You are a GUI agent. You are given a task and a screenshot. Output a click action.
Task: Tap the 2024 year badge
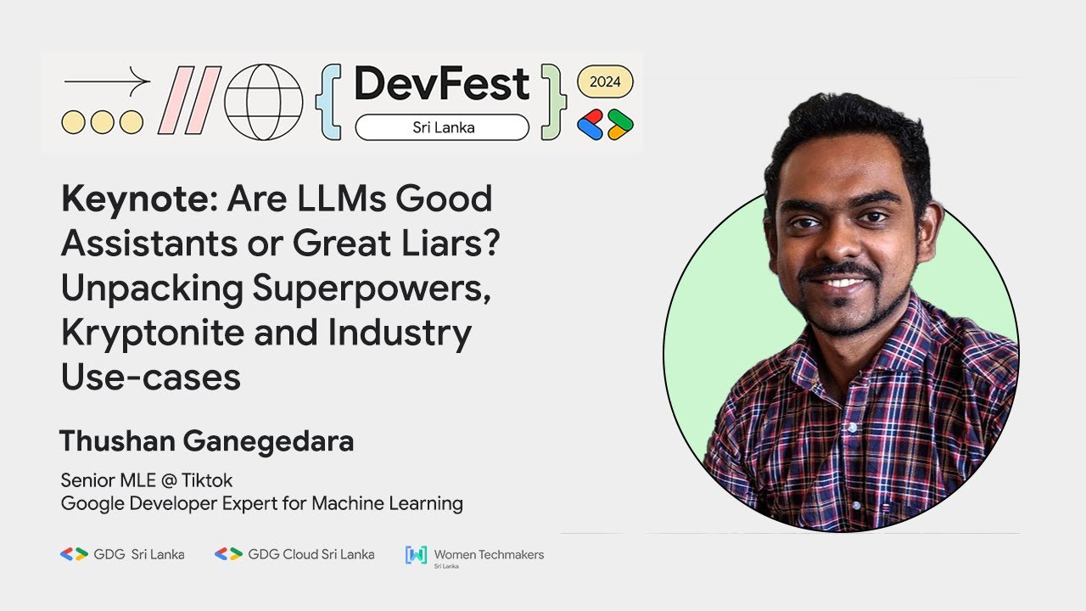[x=605, y=82]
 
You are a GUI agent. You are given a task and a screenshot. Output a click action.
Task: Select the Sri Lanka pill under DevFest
[x=442, y=128]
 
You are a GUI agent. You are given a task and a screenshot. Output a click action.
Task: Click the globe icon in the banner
[x=263, y=102]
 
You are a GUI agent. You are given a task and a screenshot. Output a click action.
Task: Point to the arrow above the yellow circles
[x=106, y=82]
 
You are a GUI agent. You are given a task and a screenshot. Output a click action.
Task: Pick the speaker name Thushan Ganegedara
[x=206, y=441]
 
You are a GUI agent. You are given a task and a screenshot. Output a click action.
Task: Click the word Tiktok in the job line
[x=207, y=481]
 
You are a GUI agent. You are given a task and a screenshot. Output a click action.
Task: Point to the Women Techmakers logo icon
[x=416, y=555]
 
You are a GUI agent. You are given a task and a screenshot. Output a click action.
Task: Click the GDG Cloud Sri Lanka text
[x=311, y=554]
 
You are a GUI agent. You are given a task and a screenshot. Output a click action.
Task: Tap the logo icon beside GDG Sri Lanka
[x=74, y=554]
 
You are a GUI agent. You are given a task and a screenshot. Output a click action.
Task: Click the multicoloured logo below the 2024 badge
[x=605, y=125]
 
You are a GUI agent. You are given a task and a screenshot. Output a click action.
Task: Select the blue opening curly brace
[x=327, y=102]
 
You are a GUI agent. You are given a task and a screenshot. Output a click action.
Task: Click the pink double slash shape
[x=189, y=102]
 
